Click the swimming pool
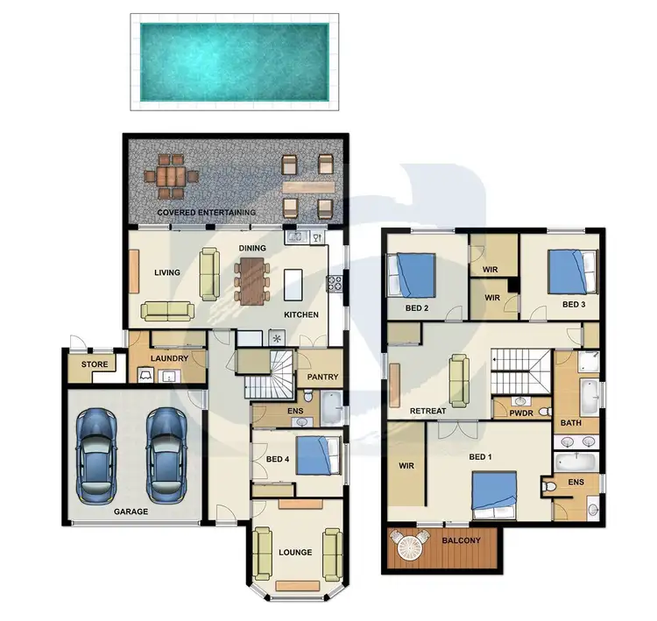coord(234,60)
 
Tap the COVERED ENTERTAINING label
coord(207,213)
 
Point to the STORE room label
coord(94,364)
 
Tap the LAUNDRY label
coord(169,358)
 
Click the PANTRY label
coord(321,378)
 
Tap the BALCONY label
coord(462,540)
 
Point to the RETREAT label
coord(428,411)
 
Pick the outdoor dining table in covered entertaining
coord(173,179)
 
